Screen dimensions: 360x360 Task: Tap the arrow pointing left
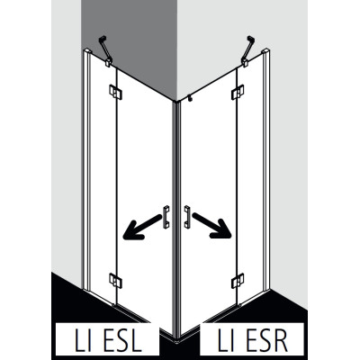click(x=142, y=228)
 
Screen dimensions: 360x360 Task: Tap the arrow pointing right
click(x=212, y=226)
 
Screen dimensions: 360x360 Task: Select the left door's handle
click(x=166, y=217)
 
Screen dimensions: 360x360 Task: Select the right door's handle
click(x=187, y=217)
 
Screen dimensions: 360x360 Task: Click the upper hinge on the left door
click(x=115, y=92)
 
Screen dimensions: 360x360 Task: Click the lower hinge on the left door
click(x=115, y=281)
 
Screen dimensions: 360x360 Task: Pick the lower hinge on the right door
click(x=238, y=281)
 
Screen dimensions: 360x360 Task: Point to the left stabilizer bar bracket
click(x=105, y=51)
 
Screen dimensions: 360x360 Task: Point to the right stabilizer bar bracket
click(x=248, y=51)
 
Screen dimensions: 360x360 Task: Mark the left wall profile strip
click(x=86, y=169)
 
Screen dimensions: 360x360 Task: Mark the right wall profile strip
click(x=266, y=169)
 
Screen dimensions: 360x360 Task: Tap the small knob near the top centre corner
click(x=189, y=98)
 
